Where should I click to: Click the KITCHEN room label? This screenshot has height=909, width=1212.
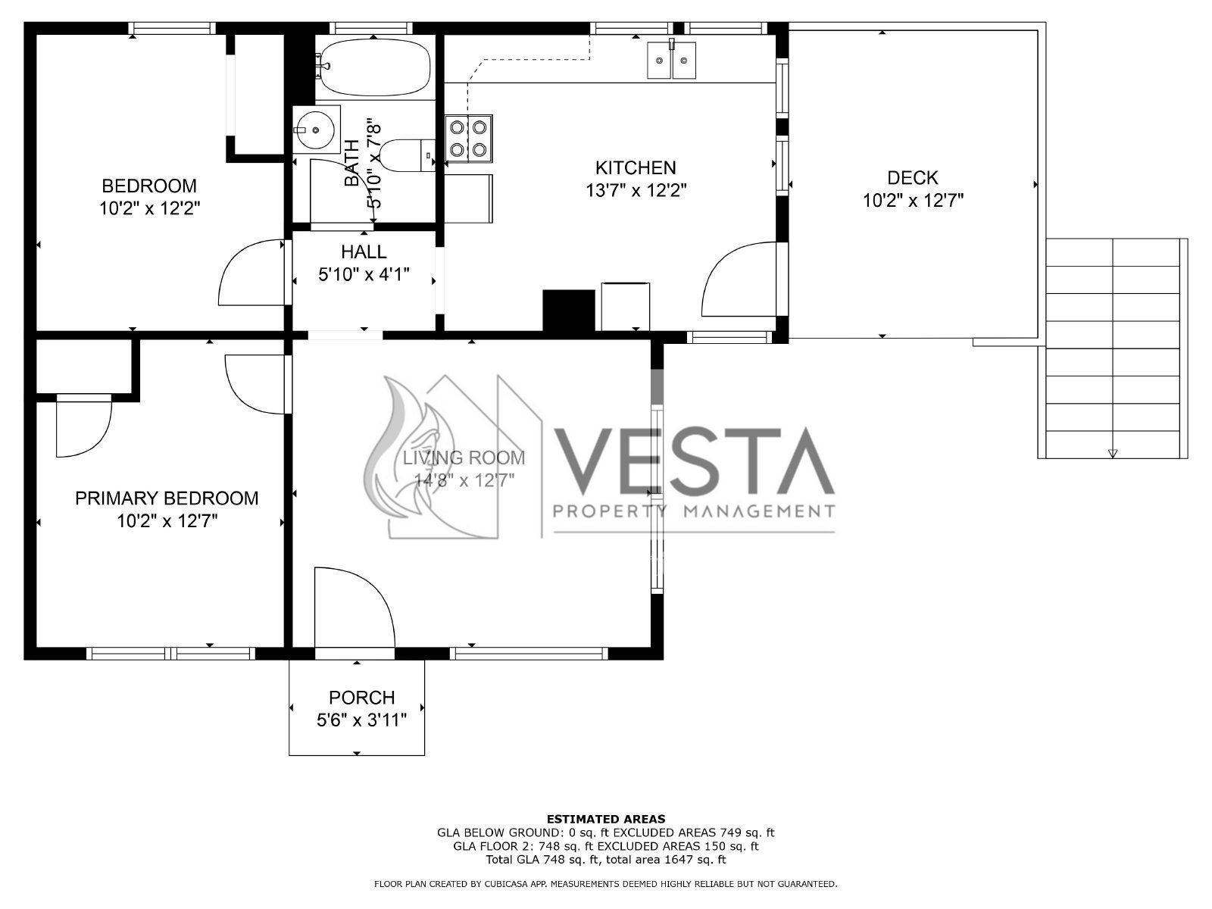pos(635,167)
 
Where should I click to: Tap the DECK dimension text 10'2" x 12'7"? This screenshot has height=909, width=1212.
pos(913,200)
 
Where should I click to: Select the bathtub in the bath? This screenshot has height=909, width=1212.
pos(375,67)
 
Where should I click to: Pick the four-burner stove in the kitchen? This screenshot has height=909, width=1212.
pos(469,139)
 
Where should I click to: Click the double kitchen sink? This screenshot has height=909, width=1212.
pos(671,60)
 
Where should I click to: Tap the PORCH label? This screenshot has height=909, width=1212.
pos(361,698)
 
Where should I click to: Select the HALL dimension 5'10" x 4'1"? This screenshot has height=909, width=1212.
pos(364,274)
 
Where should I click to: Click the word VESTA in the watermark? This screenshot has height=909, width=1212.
pos(694,461)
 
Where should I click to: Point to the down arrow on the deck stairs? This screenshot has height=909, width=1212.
pos(1113,454)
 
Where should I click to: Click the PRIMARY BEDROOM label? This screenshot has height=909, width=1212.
pos(167,498)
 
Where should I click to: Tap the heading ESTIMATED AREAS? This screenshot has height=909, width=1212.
pos(606,819)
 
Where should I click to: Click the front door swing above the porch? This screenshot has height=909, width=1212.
pos(355,607)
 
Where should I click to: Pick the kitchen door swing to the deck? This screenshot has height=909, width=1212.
pos(739,280)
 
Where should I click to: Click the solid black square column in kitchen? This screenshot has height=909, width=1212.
pos(569,310)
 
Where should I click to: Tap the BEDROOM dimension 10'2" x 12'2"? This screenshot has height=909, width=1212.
pos(150,208)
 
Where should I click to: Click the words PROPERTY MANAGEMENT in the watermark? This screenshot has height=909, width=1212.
pos(694,511)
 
